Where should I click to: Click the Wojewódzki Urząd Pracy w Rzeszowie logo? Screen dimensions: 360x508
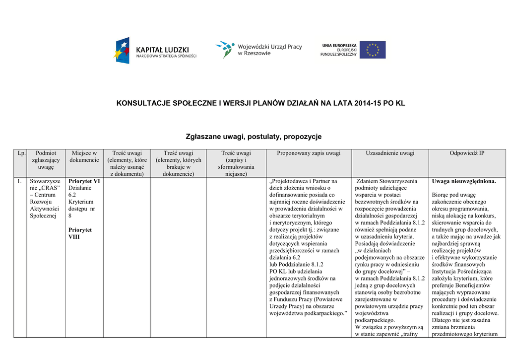(x=258, y=50)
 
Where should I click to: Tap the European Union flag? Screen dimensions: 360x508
(x=372, y=50)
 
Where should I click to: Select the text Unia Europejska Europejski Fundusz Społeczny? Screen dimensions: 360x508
(x=339, y=50)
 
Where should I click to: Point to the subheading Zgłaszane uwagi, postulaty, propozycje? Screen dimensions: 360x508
(x=254, y=136)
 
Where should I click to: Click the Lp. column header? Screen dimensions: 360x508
(x=21, y=153)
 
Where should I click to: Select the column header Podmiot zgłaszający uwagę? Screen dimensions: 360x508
(x=46, y=160)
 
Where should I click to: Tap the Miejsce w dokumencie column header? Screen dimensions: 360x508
(x=84, y=157)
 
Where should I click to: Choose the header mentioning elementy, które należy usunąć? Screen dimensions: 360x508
(x=127, y=163)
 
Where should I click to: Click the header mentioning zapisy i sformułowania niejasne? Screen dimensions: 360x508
(x=236, y=163)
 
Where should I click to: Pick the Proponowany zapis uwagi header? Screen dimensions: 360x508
(x=309, y=153)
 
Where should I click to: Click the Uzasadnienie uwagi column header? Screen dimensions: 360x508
(x=390, y=153)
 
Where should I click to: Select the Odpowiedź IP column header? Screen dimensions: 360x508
(x=467, y=153)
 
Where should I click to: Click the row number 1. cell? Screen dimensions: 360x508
(x=19, y=181)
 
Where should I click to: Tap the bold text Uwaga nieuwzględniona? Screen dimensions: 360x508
(x=464, y=181)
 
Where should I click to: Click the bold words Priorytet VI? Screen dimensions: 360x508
(x=84, y=181)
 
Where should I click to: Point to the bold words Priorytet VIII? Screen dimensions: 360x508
(x=80, y=233)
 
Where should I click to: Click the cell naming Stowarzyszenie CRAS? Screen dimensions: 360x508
(x=45, y=199)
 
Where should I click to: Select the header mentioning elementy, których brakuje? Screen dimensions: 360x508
(x=179, y=163)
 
